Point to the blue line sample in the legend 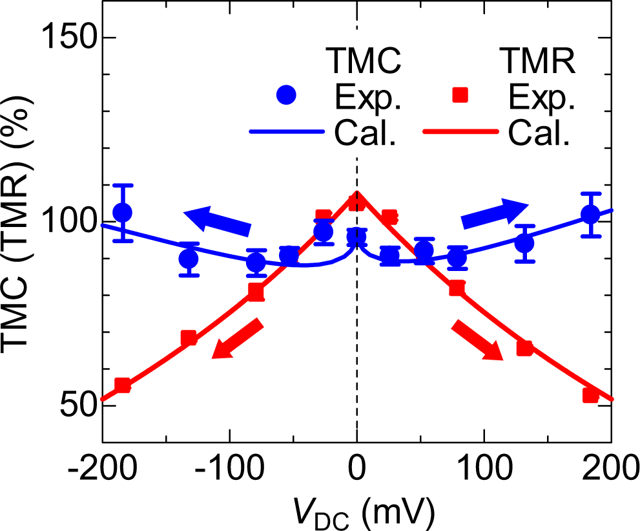[x=285, y=132]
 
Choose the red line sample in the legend [x=460, y=132]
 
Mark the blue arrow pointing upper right [x=495, y=214]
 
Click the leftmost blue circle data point [x=122, y=212]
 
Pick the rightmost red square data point [x=590, y=395]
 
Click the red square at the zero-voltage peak [x=357, y=202]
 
